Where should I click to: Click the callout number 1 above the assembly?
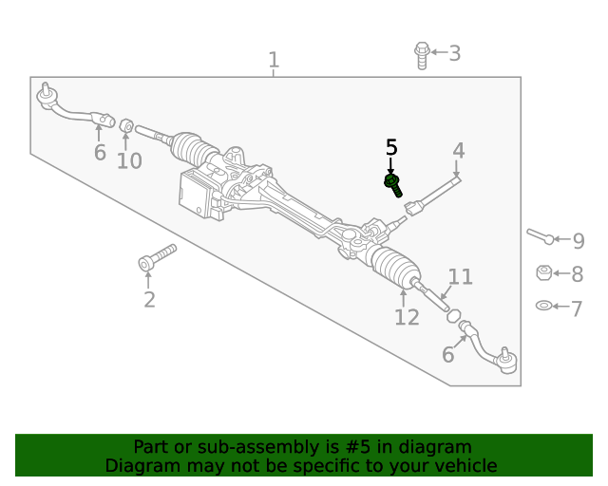(274, 61)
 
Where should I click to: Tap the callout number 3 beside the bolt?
(455, 53)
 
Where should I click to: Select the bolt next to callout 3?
(422, 54)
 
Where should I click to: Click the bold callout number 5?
(391, 147)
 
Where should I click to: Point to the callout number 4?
(459, 150)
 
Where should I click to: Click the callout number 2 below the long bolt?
(149, 300)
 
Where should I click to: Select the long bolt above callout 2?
(158, 257)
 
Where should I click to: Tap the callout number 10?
(129, 160)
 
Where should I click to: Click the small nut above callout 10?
(124, 124)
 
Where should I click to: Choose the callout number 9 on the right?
(578, 241)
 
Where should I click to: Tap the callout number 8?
(578, 274)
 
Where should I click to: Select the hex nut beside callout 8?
(544, 273)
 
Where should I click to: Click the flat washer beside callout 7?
(544, 306)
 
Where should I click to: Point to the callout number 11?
(461, 276)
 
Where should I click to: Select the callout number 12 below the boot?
(407, 317)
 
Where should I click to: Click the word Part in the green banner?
(152, 447)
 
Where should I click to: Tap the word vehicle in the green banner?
(465, 466)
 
